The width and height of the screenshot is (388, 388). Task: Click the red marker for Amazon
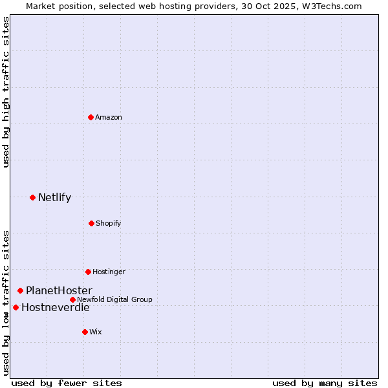pyautogui.click(x=91, y=117)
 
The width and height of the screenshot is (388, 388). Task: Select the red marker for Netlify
pyautogui.click(x=32, y=197)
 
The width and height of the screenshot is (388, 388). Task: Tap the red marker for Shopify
pyautogui.click(x=91, y=223)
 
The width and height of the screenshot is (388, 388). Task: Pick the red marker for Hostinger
pyautogui.click(x=88, y=272)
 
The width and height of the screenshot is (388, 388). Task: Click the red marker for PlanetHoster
pyautogui.click(x=20, y=291)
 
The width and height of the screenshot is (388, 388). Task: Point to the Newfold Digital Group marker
pyautogui.click(x=72, y=299)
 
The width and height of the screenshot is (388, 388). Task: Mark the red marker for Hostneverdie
pyautogui.click(x=16, y=307)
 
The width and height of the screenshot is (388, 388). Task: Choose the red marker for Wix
pyautogui.click(x=85, y=332)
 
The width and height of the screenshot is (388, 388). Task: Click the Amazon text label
pyautogui.click(x=109, y=117)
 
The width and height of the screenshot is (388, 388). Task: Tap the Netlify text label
pyautogui.click(x=54, y=197)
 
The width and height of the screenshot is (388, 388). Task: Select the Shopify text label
pyautogui.click(x=109, y=223)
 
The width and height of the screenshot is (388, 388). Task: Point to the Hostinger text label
pyautogui.click(x=109, y=272)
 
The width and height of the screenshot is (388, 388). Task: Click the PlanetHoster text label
pyautogui.click(x=59, y=291)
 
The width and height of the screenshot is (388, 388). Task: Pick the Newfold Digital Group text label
pyautogui.click(x=114, y=299)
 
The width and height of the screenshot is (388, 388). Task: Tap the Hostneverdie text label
pyautogui.click(x=55, y=307)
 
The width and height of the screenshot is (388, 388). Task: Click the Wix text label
pyautogui.click(x=96, y=332)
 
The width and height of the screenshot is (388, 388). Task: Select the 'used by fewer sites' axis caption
pyautogui.click(x=67, y=383)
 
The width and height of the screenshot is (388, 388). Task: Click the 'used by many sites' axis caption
pyautogui.click(x=325, y=383)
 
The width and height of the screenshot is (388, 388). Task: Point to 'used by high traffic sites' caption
pyautogui.click(x=6, y=92)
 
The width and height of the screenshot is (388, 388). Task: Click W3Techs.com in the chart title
pyautogui.click(x=330, y=6)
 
